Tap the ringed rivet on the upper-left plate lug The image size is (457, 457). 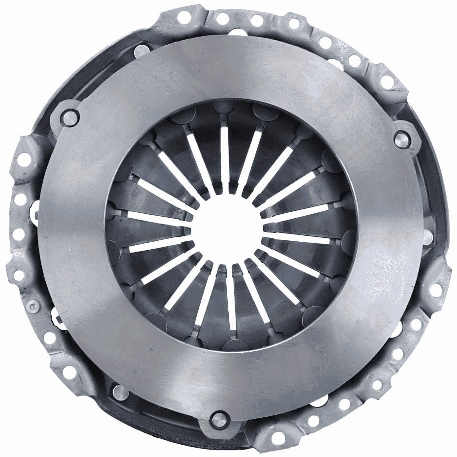coord(71,117)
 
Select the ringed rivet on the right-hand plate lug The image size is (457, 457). coord(402,139)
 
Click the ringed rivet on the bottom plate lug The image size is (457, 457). coord(218,419)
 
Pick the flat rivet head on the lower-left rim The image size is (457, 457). coord(120,391)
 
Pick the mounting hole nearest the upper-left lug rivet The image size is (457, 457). coord(24,159)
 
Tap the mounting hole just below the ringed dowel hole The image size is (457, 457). coord(50,338)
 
